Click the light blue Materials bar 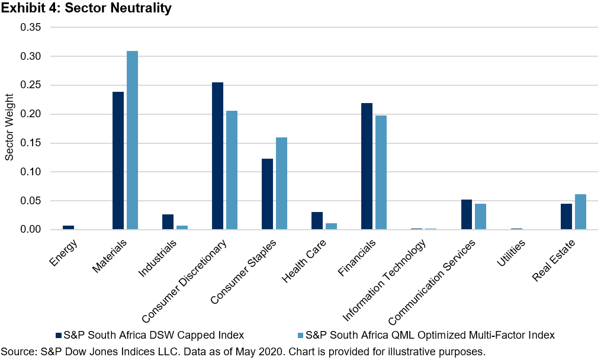point(132,140)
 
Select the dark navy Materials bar point(118,160)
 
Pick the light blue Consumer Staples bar point(281,183)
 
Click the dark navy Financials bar point(367,166)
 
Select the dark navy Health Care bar point(317,220)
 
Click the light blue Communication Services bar point(480,216)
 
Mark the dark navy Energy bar point(68,227)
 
